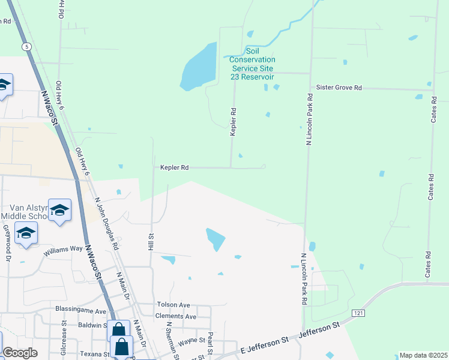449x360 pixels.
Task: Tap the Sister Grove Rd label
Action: (x=339, y=88)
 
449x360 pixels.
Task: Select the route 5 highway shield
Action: (x=26, y=46)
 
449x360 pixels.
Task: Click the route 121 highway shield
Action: (x=358, y=313)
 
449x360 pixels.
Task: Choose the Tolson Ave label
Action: (x=173, y=305)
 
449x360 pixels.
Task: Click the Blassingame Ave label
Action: (x=80, y=311)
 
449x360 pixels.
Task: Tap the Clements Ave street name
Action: (x=175, y=316)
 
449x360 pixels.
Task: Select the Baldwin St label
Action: (x=87, y=325)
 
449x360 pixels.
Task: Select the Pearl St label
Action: (x=211, y=342)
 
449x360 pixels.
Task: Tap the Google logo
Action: (x=20, y=353)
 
